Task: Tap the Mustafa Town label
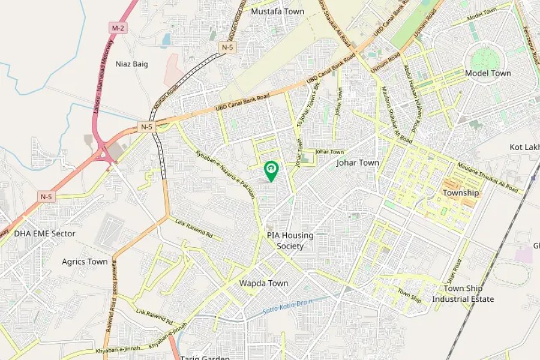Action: (277, 11)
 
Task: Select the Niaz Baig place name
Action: (131, 64)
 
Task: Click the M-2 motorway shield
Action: (117, 28)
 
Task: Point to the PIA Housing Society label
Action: (290, 241)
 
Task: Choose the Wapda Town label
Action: (263, 283)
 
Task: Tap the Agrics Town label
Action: (85, 262)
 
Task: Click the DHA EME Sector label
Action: (45, 233)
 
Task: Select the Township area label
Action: (461, 193)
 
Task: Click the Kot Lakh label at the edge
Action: (526, 147)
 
